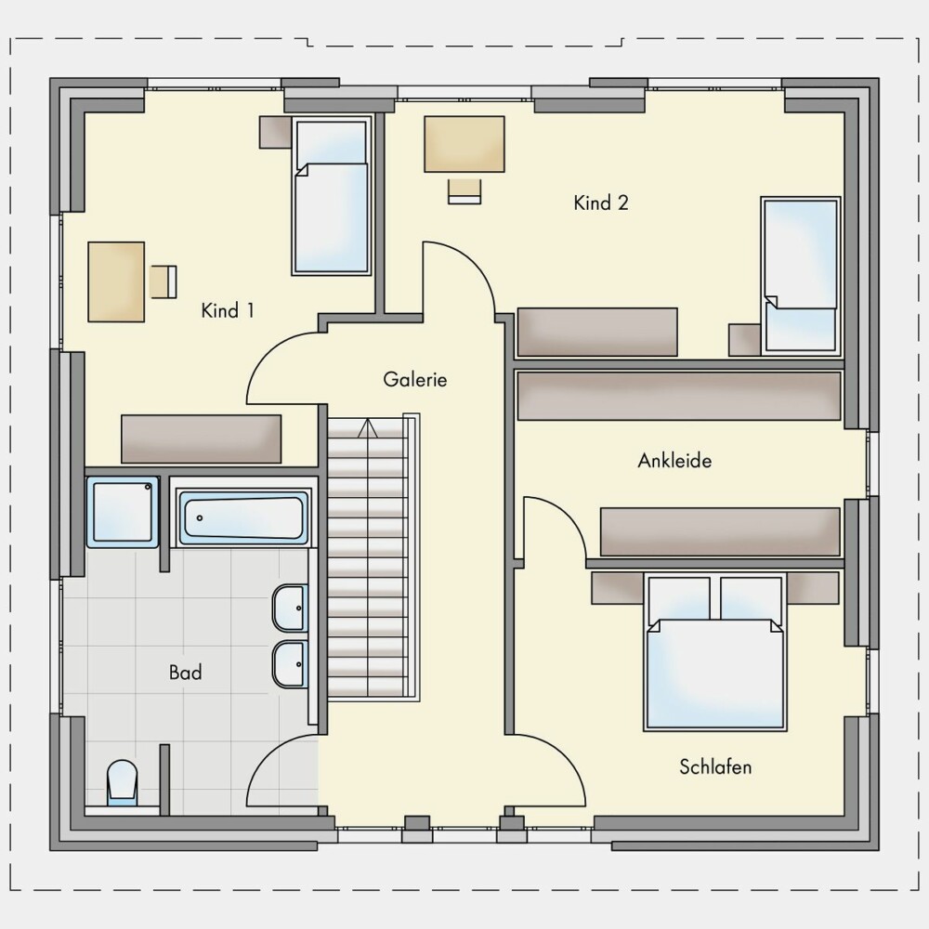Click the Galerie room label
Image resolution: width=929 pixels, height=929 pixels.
(414, 379)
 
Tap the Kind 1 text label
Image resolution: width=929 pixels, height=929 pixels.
(228, 310)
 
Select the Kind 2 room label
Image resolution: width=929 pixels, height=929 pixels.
(601, 203)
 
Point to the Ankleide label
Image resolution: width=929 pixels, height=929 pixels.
(674, 461)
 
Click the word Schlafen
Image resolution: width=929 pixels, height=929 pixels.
(715, 766)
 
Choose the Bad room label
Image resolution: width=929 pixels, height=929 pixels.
(186, 673)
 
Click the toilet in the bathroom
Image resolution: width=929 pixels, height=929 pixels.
(122, 783)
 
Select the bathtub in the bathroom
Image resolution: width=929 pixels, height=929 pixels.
(243, 517)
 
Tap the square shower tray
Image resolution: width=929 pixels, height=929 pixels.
(124, 512)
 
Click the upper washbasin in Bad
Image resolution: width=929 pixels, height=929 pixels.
(290, 608)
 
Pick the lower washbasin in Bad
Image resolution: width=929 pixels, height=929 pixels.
(290, 663)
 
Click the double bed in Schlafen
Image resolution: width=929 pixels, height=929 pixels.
(715, 652)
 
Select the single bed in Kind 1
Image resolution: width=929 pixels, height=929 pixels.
(332, 195)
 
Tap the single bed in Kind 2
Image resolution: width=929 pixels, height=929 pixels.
(801, 276)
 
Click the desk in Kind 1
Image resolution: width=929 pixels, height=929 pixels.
(116, 282)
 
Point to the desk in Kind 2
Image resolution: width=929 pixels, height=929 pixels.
(464, 144)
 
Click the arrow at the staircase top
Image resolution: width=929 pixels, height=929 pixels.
(367, 427)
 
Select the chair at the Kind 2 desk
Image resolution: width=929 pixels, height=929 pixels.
(464, 190)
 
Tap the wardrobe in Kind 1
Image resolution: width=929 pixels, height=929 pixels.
(202, 439)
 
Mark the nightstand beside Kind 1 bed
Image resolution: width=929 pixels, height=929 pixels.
(276, 132)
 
